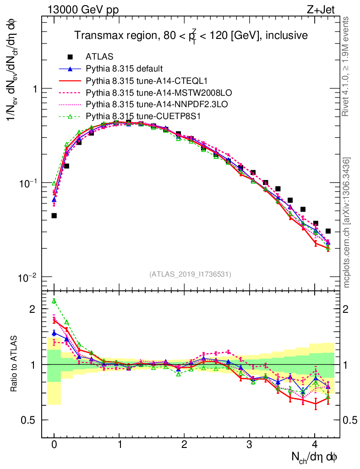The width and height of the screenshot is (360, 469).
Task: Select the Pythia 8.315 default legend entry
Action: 124,69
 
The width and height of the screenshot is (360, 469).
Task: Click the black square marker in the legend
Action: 70,57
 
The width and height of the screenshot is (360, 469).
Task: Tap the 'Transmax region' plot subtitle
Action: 191,35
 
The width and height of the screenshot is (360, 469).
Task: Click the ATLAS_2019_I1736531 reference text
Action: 190,274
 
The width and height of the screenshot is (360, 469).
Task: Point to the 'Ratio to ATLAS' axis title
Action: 15,364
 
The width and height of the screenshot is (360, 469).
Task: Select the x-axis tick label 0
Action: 54,445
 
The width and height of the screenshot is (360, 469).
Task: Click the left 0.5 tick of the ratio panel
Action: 32,420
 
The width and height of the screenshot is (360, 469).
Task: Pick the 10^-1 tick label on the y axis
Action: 28,183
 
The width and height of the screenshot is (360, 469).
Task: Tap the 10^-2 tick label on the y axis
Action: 28,278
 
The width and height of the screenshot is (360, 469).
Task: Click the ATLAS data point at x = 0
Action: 54,215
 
